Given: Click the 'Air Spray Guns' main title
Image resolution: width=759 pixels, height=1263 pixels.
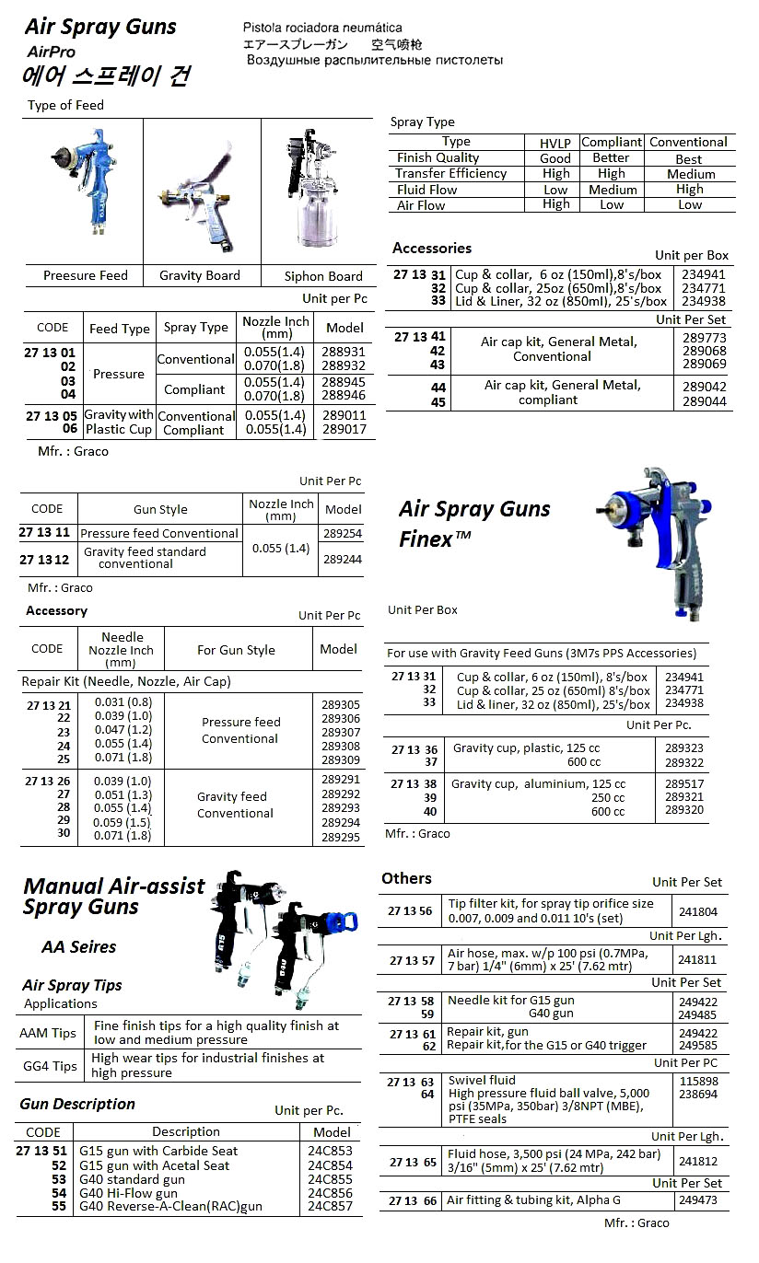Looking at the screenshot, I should point(100,28).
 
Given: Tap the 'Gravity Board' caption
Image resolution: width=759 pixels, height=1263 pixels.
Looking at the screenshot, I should point(199,275).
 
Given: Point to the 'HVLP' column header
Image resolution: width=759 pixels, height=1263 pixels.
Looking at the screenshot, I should point(555,143).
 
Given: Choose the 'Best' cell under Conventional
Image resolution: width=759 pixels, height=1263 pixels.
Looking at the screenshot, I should point(688,159).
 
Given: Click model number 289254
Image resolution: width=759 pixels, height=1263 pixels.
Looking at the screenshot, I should point(343,533).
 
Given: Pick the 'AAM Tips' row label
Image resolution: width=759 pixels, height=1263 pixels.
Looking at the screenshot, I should point(49,1033).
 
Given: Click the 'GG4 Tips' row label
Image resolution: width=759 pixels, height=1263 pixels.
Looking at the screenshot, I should point(50,1066).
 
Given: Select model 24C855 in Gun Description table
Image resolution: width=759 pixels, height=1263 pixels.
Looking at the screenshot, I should point(330,1179).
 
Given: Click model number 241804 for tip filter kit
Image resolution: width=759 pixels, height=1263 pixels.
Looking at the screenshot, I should point(697,911).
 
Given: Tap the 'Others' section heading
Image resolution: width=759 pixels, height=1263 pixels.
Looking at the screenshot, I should point(406,878).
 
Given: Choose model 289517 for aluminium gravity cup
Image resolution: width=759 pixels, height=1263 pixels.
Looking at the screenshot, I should point(683,783).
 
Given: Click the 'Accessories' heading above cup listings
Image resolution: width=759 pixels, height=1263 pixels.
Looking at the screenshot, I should point(431,248).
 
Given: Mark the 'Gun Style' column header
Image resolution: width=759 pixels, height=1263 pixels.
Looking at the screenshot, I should point(160,509).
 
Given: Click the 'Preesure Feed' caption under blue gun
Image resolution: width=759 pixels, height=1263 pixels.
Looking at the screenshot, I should point(86,275).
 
